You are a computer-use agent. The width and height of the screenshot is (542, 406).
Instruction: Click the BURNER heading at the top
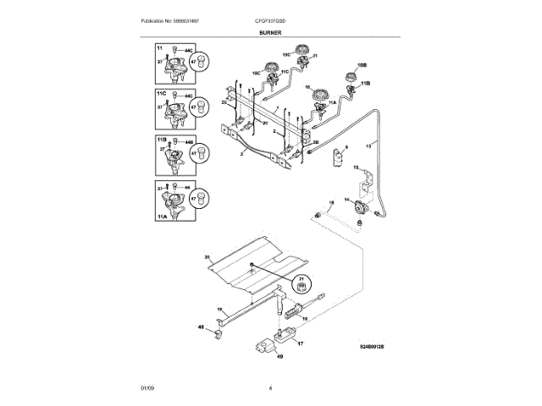pos(271,32)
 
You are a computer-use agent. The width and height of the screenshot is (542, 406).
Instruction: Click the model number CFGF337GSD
pos(271,19)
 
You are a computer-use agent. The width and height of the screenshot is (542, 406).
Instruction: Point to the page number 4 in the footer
pos(270,387)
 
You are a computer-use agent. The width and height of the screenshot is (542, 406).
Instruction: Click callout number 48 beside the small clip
pos(202,326)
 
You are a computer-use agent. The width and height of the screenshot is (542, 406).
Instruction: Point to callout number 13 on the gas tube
pos(368,146)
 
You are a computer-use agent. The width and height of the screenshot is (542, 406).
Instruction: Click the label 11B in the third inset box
pos(162,138)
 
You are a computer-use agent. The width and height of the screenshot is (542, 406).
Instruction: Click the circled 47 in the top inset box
pos(193,62)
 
